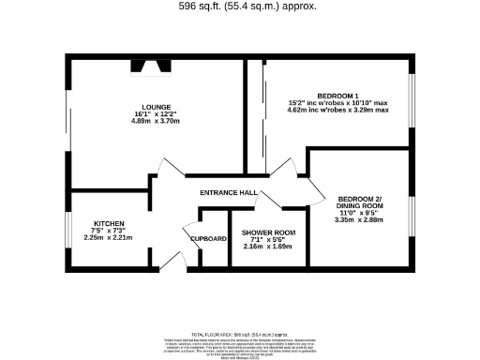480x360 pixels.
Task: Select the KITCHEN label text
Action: [103, 223]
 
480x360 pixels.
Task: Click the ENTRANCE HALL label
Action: [229, 192]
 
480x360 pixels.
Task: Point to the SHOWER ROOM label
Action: [268, 232]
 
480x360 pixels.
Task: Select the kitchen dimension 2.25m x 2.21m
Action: [103, 238]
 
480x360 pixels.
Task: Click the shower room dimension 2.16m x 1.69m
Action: [268, 247]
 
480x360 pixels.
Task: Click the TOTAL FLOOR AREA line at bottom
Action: [239, 333]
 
